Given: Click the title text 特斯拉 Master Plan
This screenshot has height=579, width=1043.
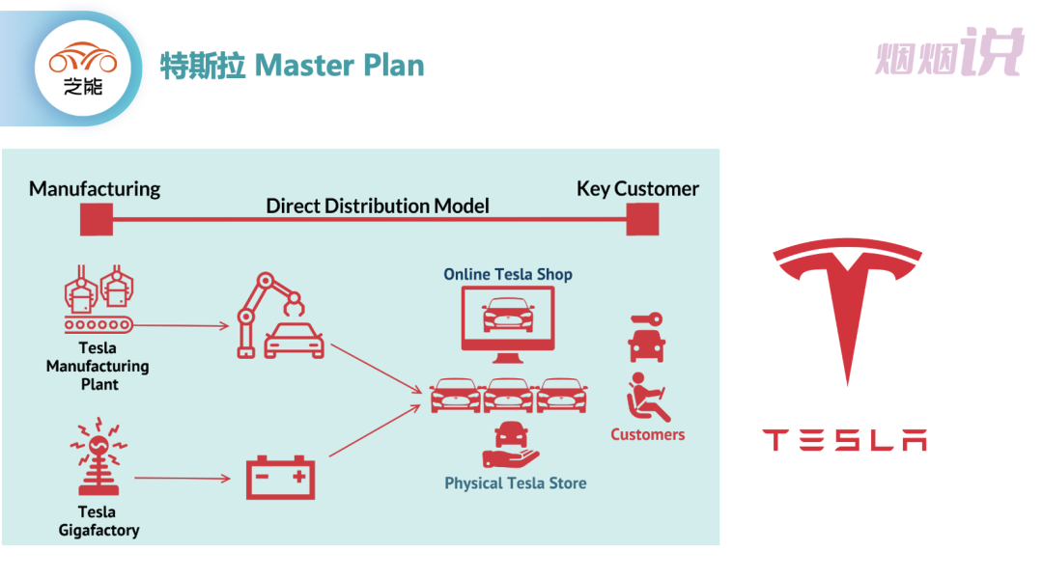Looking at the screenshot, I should click(292, 66).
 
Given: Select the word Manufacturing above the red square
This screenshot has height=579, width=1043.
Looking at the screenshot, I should click(95, 188).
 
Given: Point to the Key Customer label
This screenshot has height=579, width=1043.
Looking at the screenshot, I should click(637, 188).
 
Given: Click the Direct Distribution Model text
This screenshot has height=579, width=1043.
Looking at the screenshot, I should click(378, 206).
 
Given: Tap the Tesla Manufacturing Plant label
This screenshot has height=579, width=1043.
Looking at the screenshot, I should click(98, 366).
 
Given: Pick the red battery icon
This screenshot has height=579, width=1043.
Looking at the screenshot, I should click(280, 477).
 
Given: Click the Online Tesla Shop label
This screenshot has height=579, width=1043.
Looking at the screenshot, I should click(508, 274).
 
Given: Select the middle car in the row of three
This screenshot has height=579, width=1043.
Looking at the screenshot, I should click(509, 395).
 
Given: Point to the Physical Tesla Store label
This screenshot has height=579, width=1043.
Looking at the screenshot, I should click(515, 483).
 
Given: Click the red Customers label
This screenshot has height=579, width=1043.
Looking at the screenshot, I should click(647, 434).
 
